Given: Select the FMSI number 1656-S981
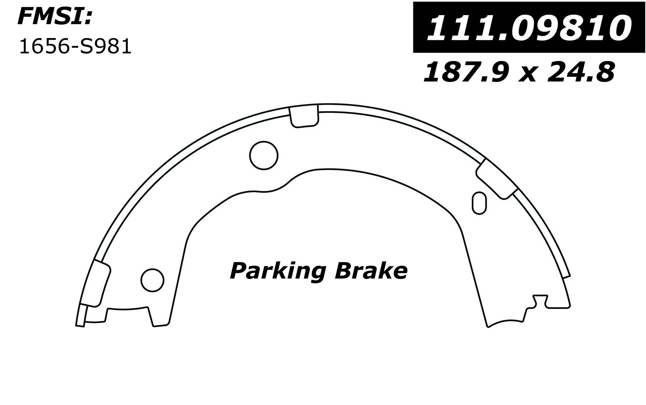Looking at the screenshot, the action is pyautogui.click(x=75, y=47).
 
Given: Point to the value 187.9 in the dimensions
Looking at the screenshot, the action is pyautogui.click(x=462, y=73).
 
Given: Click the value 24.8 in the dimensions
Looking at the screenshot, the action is pyautogui.click(x=583, y=73).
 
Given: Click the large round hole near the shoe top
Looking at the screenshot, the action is pyautogui.click(x=264, y=155).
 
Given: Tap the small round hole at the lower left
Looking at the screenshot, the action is pyautogui.click(x=153, y=280).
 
